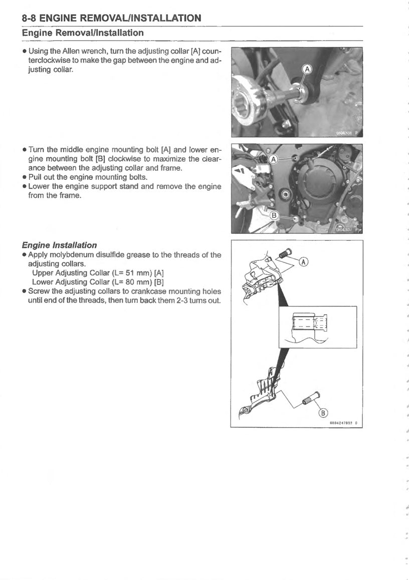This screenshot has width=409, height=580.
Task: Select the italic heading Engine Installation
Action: [x=59, y=245]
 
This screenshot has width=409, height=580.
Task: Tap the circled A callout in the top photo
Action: [x=307, y=69]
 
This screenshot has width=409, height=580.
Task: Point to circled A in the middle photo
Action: [x=273, y=159]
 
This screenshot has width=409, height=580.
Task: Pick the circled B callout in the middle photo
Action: [x=274, y=216]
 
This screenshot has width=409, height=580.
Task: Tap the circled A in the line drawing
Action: [x=304, y=261]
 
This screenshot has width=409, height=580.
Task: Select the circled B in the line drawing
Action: [x=323, y=412]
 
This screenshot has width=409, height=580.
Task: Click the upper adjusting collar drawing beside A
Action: [x=285, y=254]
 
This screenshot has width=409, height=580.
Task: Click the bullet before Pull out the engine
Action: [x=24, y=178]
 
